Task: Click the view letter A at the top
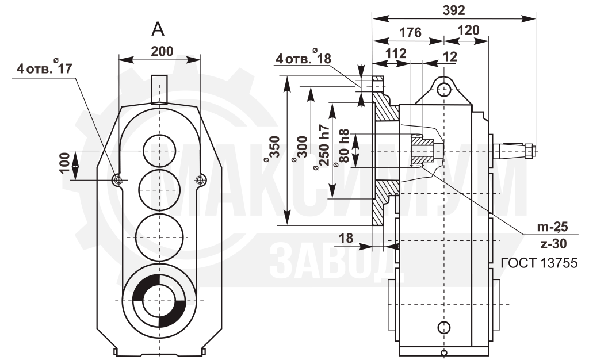tap(158, 29)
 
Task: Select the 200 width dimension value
tap(162, 51)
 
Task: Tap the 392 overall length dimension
tap(454, 10)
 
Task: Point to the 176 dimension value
tap(410, 33)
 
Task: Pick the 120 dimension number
tap(468, 30)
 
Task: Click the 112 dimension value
tap(396, 53)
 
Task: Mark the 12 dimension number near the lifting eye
tap(450, 56)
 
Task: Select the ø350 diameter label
tap(273, 149)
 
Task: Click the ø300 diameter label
tap(301, 149)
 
